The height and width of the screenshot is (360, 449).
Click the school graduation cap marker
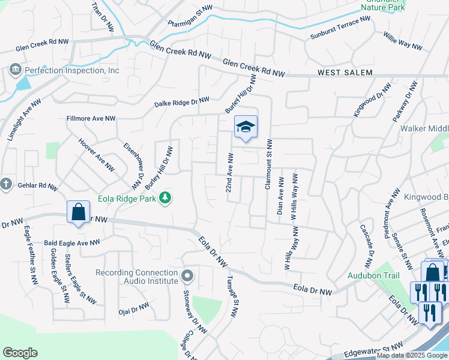(x=246, y=127)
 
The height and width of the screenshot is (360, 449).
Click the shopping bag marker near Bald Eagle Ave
(x=78, y=212)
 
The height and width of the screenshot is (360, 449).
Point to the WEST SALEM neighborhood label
(x=345, y=73)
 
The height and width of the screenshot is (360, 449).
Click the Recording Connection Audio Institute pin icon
(x=187, y=276)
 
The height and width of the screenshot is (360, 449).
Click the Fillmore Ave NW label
(x=91, y=119)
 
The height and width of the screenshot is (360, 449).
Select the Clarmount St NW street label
(x=268, y=165)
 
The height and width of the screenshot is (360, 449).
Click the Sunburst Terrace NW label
(x=340, y=28)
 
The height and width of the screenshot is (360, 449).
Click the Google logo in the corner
(x=20, y=353)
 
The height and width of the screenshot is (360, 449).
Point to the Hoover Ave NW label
(x=97, y=155)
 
